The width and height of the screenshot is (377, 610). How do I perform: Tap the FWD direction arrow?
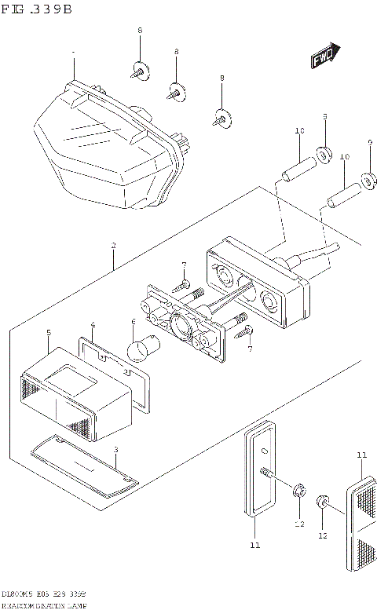(x=324, y=57)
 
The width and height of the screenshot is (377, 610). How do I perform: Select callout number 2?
(x=114, y=246)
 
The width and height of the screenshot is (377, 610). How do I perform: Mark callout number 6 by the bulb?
(x=134, y=322)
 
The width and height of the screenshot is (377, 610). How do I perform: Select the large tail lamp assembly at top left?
(x=106, y=145)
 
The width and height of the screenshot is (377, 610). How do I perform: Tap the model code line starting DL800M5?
(x=43, y=595)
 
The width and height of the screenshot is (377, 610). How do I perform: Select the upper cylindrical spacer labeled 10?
(x=299, y=166)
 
